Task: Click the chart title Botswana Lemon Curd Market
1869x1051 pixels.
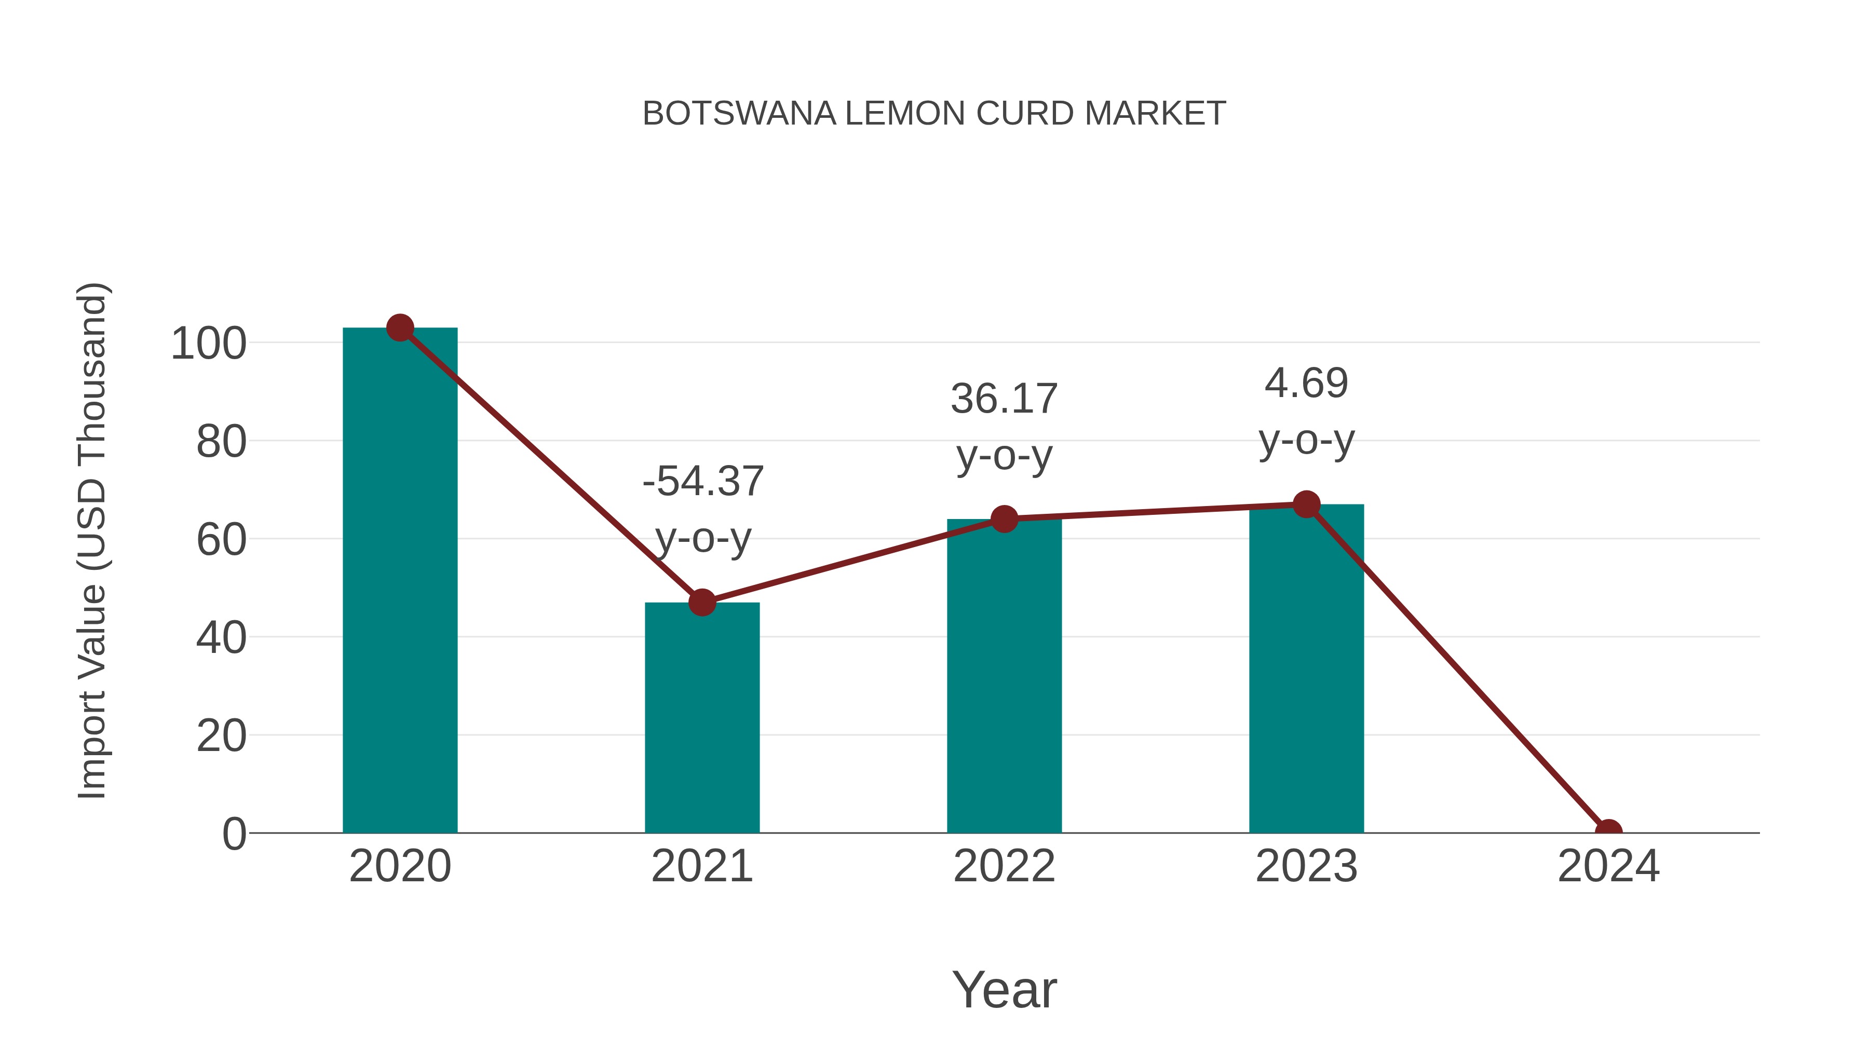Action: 934,114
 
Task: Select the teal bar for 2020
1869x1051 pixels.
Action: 400,580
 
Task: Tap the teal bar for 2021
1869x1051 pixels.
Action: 701,718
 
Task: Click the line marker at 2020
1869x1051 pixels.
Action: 400,328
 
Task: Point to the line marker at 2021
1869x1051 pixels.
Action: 701,602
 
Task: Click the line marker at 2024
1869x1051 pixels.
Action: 1608,831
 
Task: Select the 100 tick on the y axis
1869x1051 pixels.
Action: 209,343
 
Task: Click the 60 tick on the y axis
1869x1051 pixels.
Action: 221,540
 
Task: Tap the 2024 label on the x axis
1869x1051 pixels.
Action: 1608,866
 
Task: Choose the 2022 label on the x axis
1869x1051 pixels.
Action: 1004,866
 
